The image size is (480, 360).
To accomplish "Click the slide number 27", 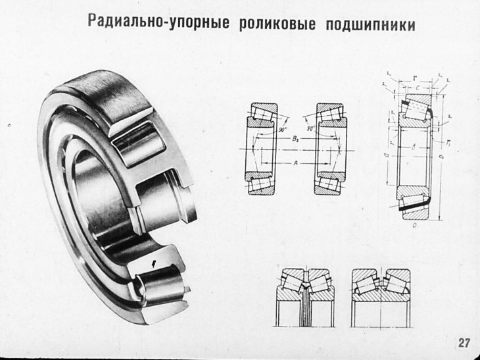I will (464, 343).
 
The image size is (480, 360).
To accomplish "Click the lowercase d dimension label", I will (387, 155).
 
